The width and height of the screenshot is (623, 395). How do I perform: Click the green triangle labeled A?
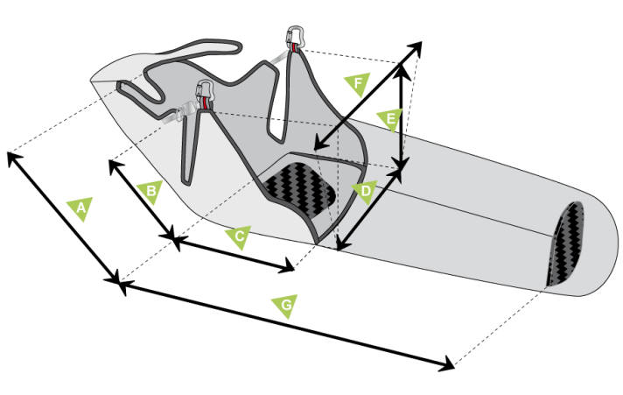click(80, 208)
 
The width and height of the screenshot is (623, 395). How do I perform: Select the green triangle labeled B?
click(150, 191)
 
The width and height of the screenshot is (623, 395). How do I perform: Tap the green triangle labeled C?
click(239, 236)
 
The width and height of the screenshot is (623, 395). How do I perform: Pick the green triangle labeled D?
click(365, 191)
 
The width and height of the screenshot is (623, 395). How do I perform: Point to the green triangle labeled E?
click(390, 119)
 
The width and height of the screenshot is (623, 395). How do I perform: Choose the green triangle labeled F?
click(358, 83)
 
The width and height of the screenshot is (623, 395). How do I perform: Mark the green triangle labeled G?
click(285, 306)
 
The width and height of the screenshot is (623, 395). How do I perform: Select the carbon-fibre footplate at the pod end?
click(564, 243)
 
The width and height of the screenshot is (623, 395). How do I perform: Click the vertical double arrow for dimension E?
click(402, 116)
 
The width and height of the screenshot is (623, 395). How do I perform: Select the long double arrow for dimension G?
click(286, 325)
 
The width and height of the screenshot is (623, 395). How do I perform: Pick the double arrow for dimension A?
click(63, 217)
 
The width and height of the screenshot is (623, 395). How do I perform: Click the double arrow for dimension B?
click(142, 200)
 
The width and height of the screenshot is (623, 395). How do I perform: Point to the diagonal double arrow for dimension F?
click(367, 95)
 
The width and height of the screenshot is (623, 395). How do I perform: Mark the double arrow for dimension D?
click(369, 209)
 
